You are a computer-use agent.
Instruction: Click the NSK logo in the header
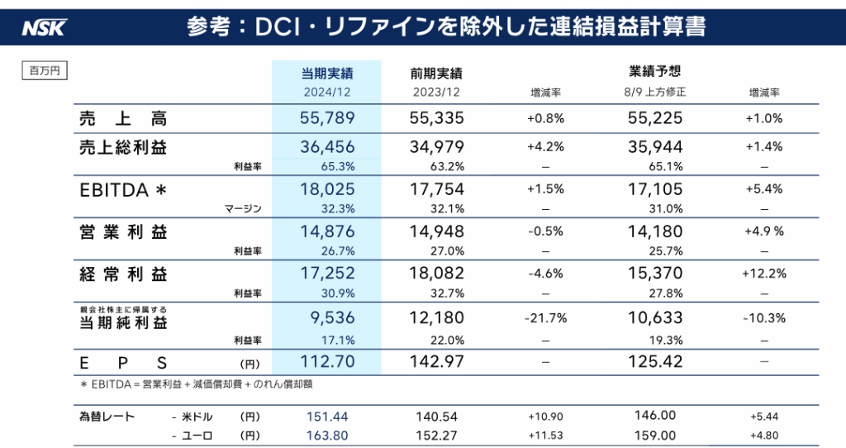44,27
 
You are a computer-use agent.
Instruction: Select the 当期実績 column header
327,73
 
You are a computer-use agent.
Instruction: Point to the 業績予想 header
654,71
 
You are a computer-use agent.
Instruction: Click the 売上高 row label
123,118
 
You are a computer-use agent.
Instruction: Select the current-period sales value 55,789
327,118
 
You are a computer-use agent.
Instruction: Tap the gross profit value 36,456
327,148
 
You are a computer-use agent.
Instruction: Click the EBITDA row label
124,190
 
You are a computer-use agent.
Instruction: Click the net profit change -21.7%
545,318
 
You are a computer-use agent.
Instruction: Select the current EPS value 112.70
327,361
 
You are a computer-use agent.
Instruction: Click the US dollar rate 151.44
327,417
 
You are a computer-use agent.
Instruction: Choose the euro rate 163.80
327,436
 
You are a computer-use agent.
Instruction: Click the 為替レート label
107,417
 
